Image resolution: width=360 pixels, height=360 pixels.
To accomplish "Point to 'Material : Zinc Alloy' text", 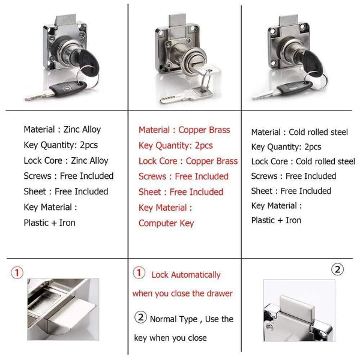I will point(62,129).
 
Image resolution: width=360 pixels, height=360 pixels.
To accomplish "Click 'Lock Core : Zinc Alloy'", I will point(66,160).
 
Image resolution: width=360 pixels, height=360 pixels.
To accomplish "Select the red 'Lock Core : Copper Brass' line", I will point(188,161).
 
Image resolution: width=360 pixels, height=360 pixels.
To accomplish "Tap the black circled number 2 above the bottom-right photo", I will point(338,269).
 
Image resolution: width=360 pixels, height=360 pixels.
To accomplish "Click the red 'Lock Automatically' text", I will point(186,275).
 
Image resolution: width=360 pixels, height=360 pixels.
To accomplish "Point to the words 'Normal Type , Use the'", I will point(191,319).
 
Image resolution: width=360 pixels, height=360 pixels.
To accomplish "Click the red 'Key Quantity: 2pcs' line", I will point(176,145).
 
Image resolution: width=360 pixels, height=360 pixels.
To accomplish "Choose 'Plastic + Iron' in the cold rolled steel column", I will point(276,220).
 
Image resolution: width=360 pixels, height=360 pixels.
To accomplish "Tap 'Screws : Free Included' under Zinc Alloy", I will point(68,176).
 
